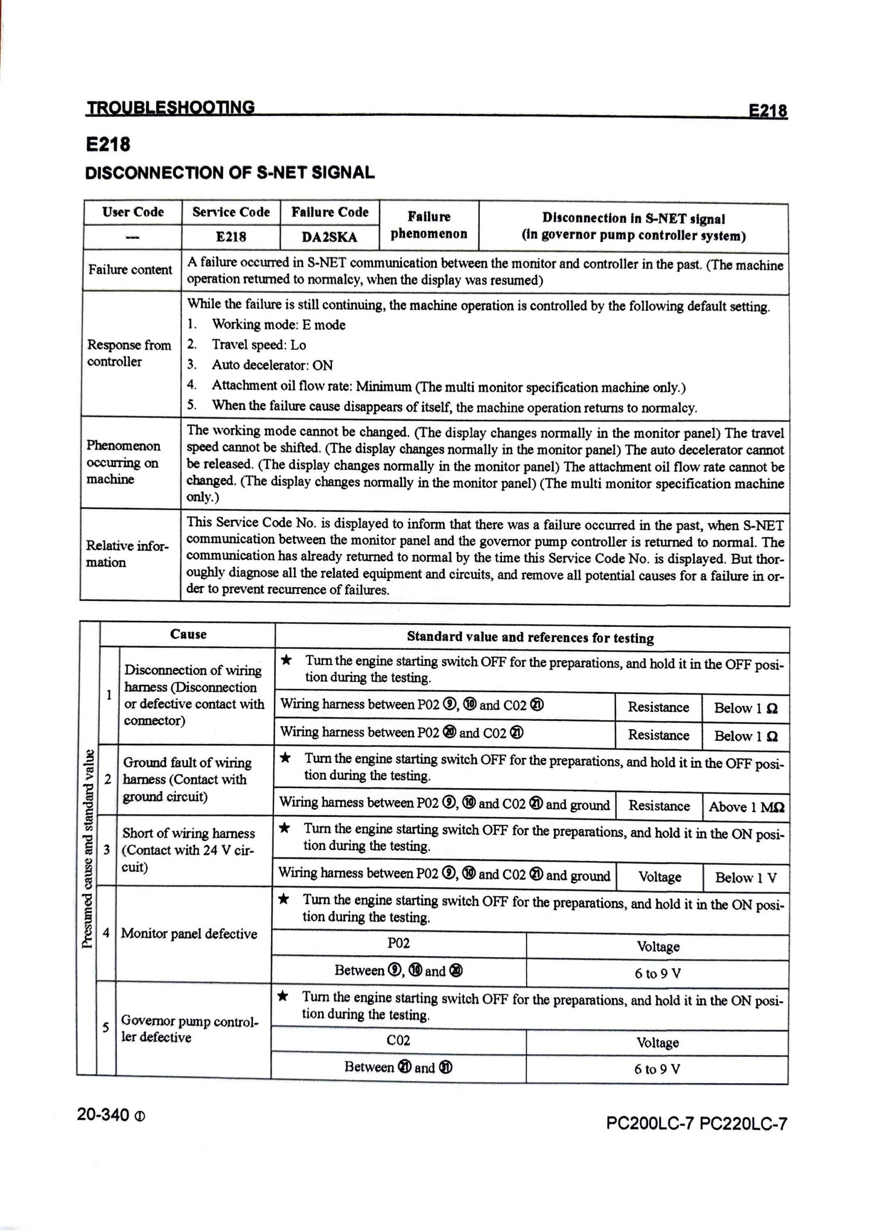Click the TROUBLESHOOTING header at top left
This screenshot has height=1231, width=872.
(171, 107)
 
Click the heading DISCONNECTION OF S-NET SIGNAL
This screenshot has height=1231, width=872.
(230, 173)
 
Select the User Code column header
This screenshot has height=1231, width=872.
(133, 212)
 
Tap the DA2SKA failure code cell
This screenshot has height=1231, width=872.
(329, 237)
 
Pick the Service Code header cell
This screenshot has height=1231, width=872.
(231, 212)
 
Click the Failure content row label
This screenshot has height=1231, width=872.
(130, 270)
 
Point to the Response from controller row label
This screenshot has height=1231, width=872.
(129, 353)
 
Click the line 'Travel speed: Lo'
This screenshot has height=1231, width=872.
(258, 345)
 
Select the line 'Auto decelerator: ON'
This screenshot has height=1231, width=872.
(272, 365)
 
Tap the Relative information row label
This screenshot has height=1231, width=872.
(127, 554)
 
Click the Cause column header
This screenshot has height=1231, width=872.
(188, 634)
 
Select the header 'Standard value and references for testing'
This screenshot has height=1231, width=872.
(530, 637)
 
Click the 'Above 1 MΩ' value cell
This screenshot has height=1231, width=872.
(746, 807)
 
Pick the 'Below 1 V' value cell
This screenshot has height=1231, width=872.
(746, 877)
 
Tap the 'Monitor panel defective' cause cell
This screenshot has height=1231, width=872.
(189, 934)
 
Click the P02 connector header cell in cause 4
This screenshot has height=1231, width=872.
(398, 943)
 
